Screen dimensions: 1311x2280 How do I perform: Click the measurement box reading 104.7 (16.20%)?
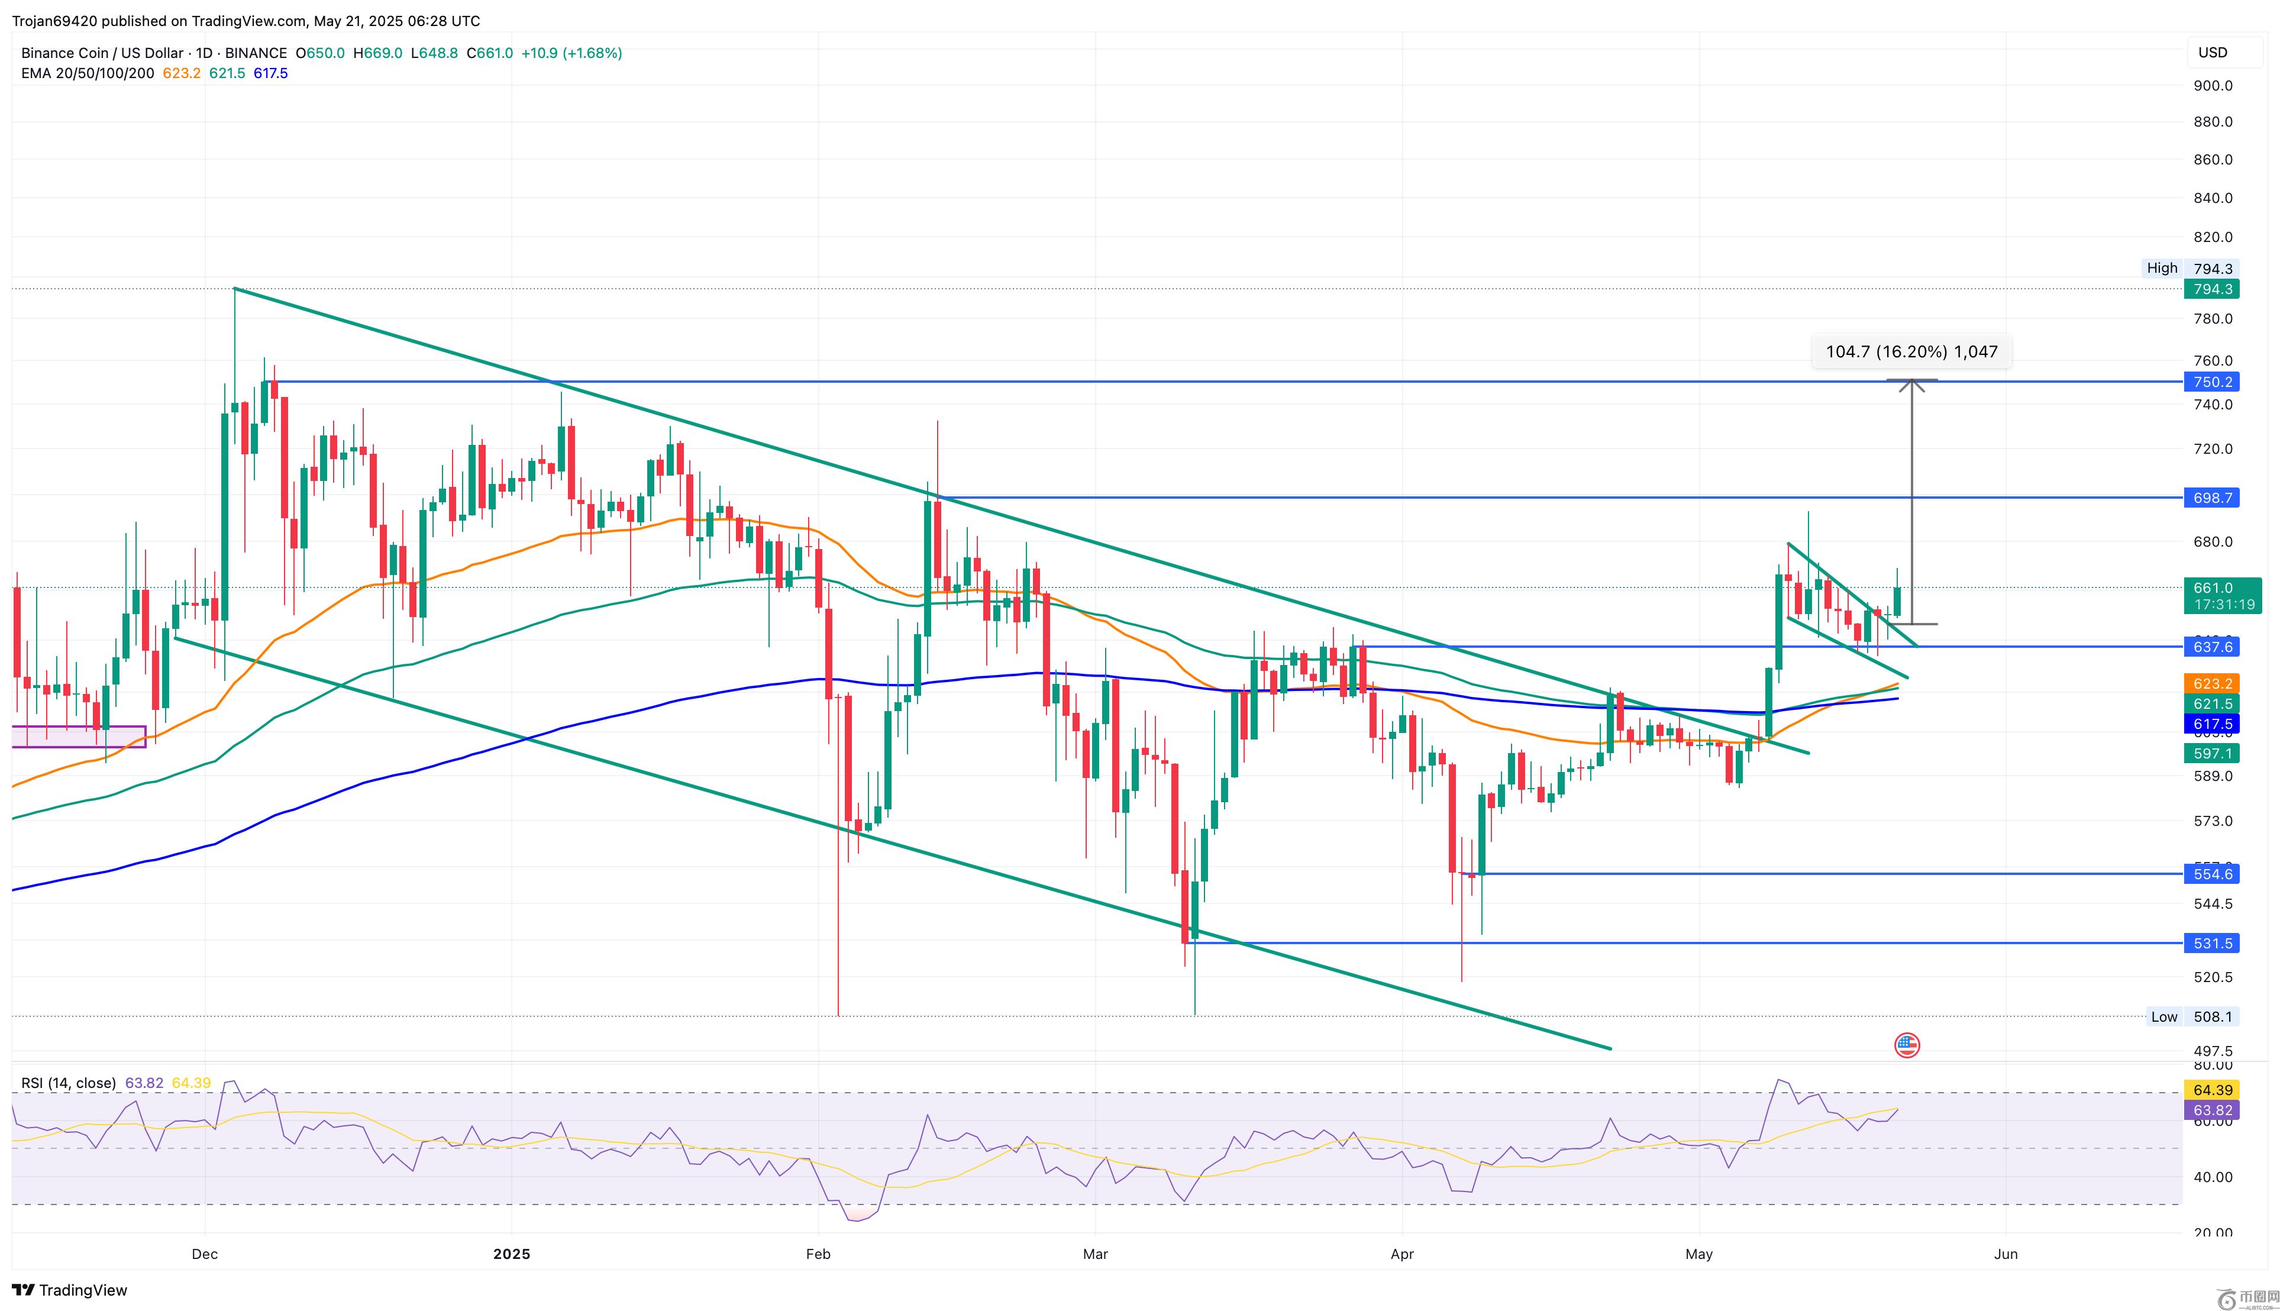[x=1911, y=351]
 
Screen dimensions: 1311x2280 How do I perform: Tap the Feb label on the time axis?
[x=818, y=1254]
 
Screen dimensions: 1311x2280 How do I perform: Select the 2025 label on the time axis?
[x=511, y=1254]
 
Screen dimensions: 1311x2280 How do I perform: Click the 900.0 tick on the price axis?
[x=2213, y=86]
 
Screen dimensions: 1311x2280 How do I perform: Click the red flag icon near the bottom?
[x=1907, y=1045]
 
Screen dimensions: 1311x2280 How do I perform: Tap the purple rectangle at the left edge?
[x=79, y=737]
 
